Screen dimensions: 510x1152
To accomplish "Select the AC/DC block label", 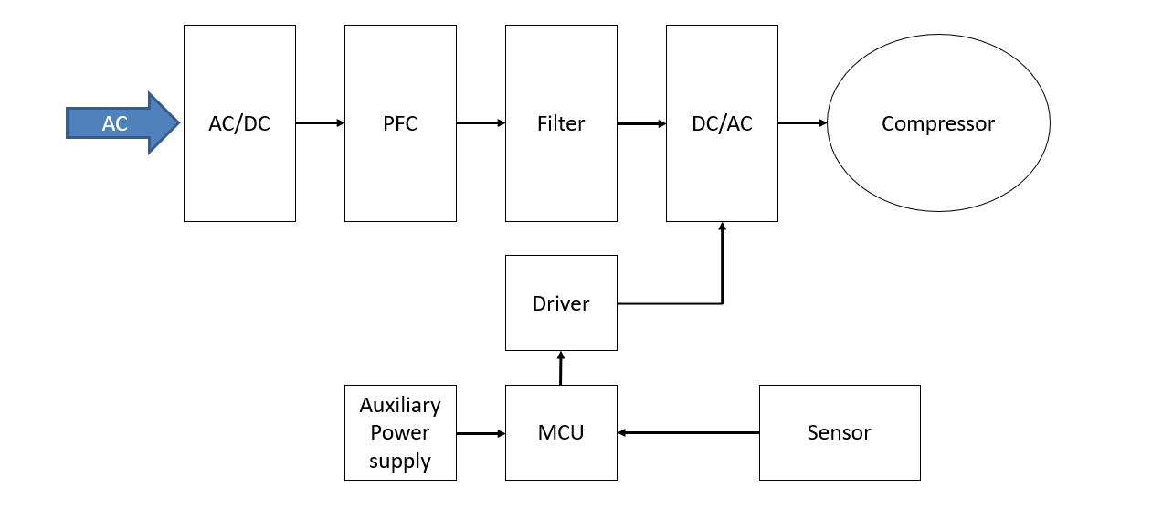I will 239,123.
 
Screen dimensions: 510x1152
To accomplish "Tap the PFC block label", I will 400,123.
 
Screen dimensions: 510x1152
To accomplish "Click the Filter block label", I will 561,123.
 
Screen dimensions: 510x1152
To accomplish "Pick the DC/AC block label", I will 722,123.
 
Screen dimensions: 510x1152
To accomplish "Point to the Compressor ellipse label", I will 938,123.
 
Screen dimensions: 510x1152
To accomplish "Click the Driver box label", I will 561,303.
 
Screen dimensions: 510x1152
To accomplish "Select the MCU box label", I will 561,432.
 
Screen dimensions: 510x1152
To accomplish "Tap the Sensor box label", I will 839,432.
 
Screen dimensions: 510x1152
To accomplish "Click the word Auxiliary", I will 400,405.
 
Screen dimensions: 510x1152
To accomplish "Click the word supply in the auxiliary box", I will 400,462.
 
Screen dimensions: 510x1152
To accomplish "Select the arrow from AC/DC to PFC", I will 320,122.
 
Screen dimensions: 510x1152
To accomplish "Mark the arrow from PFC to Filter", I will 481,122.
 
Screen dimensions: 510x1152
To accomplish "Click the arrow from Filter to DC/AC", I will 641,123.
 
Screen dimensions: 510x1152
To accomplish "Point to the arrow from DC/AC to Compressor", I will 802,122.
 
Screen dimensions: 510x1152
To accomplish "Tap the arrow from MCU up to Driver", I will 561,367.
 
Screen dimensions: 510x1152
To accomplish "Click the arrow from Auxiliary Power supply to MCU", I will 481,433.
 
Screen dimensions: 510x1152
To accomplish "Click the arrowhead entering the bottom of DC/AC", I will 723,228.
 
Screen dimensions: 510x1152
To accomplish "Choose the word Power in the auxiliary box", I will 400,433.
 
